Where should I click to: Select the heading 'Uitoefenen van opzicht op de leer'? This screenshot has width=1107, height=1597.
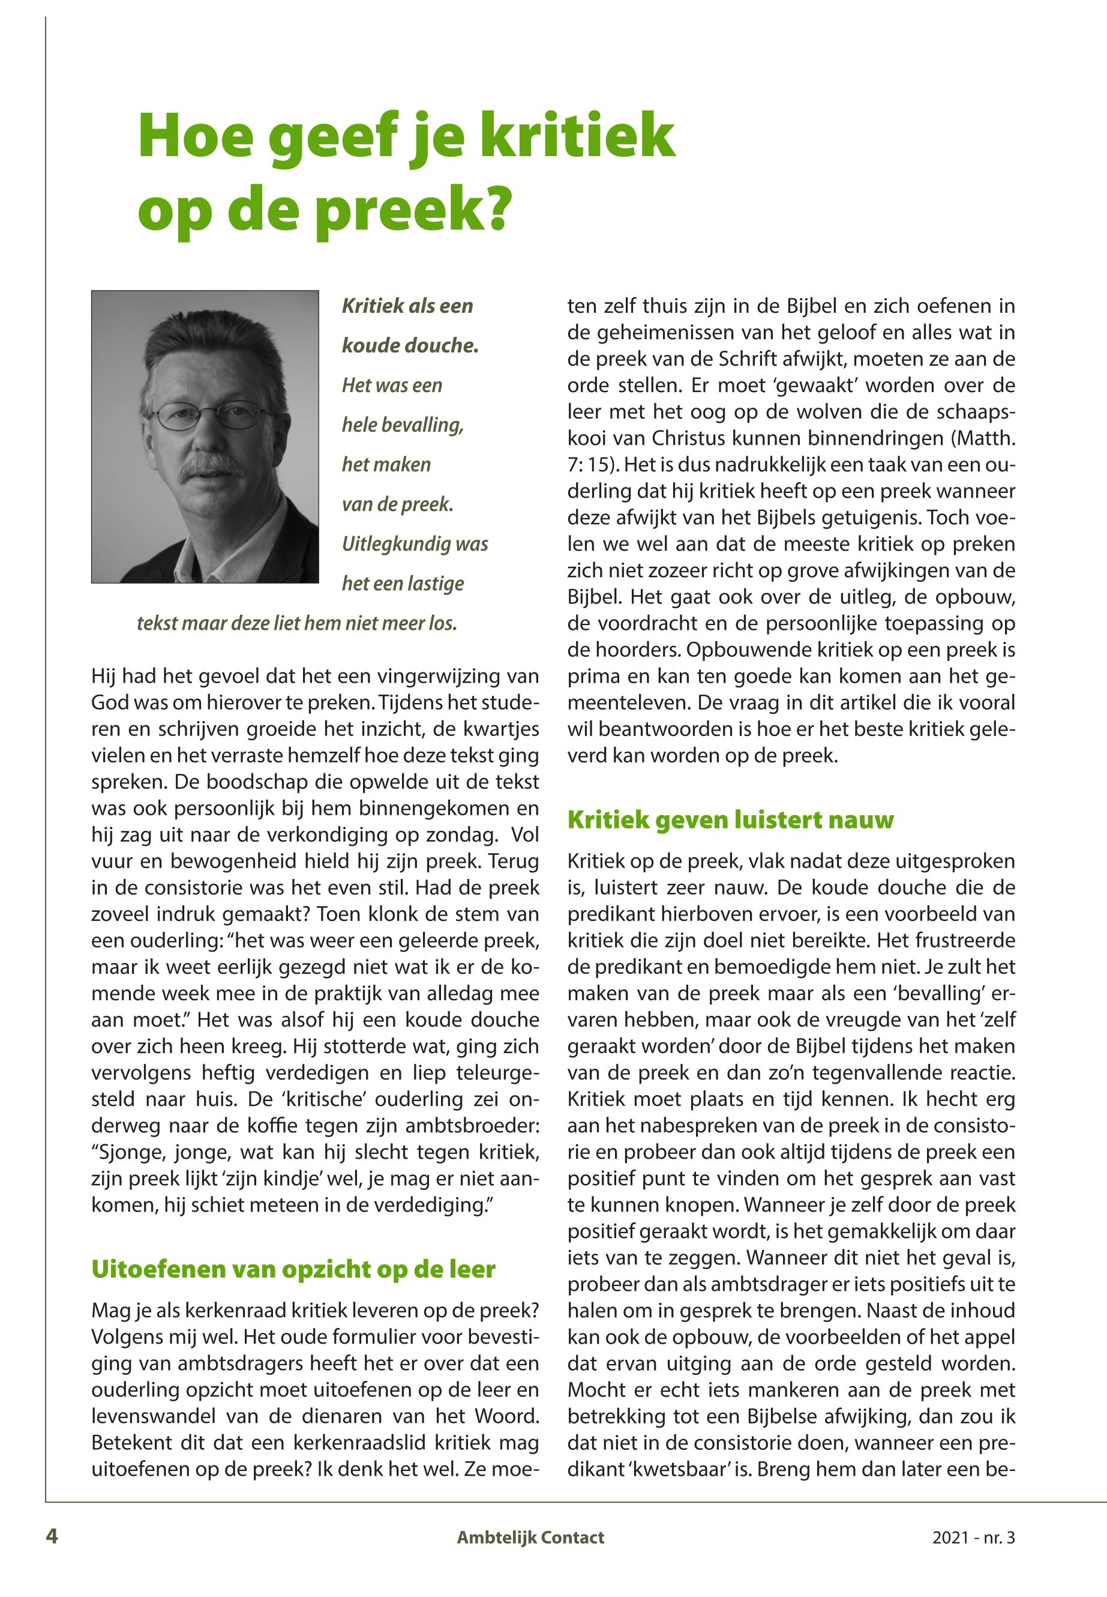pos(293,1269)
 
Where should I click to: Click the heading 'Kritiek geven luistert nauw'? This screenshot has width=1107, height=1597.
pos(730,820)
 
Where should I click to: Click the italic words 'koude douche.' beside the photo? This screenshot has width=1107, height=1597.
pos(410,346)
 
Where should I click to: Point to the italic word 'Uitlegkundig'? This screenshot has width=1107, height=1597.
pos(396,543)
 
